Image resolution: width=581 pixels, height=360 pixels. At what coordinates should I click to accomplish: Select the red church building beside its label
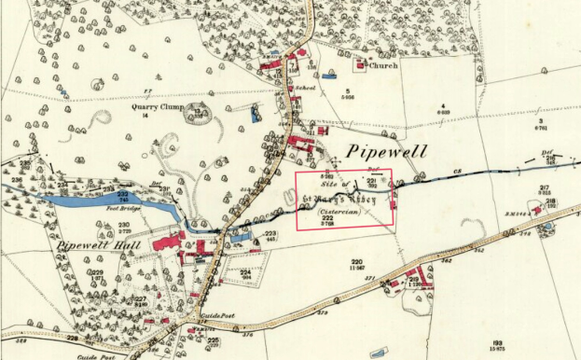coord(359,65)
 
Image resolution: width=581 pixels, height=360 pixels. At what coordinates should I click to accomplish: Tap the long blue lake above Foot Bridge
coord(93,200)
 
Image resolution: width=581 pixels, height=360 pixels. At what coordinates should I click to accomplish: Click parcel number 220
coord(356,262)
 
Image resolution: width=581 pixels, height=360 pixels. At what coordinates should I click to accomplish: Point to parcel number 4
coord(444,105)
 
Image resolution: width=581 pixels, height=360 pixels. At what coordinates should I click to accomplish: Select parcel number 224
coord(246,270)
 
